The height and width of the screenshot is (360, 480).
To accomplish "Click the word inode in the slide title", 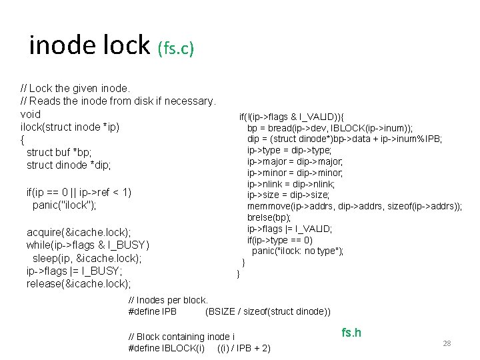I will click(58, 45).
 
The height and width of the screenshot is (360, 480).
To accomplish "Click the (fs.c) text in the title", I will click(175, 49).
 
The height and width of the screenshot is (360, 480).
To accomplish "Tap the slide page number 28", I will click(447, 343).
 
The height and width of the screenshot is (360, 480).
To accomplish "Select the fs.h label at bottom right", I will click(351, 333).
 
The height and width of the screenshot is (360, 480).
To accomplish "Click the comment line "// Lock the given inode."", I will click(75, 88).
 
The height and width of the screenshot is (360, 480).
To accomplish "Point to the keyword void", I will click(31, 114).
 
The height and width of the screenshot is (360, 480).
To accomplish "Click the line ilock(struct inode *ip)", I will click(70, 127).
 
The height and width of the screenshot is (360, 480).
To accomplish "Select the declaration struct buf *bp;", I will click(59, 152).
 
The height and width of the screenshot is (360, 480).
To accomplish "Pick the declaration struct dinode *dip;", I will click(69, 165).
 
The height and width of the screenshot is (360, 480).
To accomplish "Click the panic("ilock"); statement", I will click(65, 205).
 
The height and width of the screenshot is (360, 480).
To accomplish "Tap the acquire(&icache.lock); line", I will click(78, 232).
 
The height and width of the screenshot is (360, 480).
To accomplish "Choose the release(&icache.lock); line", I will click(78, 284).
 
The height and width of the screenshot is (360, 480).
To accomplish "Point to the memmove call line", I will click(354, 207).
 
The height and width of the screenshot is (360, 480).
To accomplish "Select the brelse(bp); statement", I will click(269, 217).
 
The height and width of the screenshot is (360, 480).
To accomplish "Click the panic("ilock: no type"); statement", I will click(297, 251).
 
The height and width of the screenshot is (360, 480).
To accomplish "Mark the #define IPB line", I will click(229, 311).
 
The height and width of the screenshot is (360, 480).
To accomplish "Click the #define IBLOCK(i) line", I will click(199, 348).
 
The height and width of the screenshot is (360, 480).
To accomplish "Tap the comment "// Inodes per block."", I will click(168, 300).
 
